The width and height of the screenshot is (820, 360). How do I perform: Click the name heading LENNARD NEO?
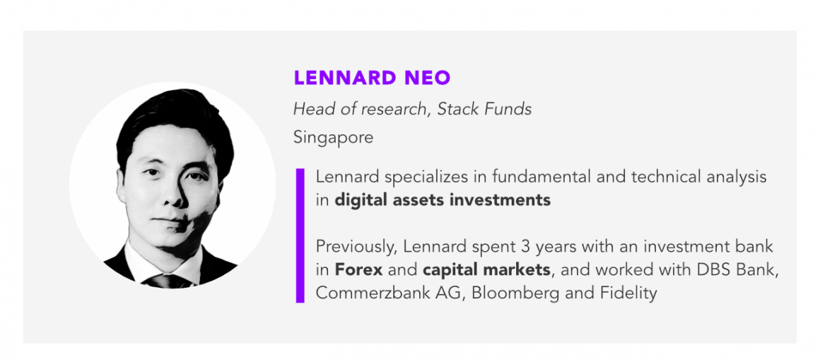(x=372, y=78)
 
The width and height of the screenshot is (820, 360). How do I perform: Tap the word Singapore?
(x=333, y=138)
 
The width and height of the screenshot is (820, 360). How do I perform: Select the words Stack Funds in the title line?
(x=485, y=109)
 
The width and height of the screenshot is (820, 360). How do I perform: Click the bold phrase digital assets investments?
(x=443, y=200)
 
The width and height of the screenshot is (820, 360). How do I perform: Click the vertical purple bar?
(x=300, y=235)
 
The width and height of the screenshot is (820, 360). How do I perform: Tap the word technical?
(x=657, y=177)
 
